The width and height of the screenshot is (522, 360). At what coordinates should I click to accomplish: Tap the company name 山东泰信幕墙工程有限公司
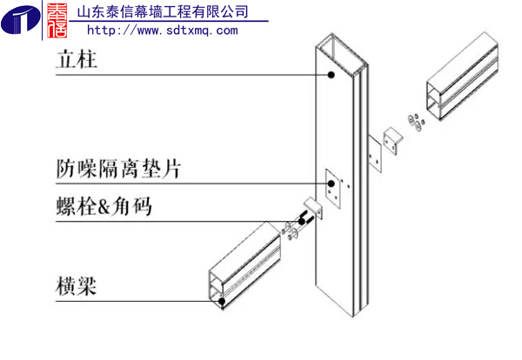[163, 12]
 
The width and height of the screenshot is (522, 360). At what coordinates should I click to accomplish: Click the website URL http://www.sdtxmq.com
[162, 30]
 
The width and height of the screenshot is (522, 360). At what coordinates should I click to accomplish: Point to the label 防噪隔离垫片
[118, 168]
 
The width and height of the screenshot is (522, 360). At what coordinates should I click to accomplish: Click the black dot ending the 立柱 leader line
[331, 77]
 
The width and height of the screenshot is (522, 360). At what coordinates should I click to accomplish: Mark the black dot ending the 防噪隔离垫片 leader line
[331, 184]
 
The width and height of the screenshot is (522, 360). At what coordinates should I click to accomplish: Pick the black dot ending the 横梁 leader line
[223, 302]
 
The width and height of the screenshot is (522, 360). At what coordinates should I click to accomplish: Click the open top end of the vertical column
[342, 50]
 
